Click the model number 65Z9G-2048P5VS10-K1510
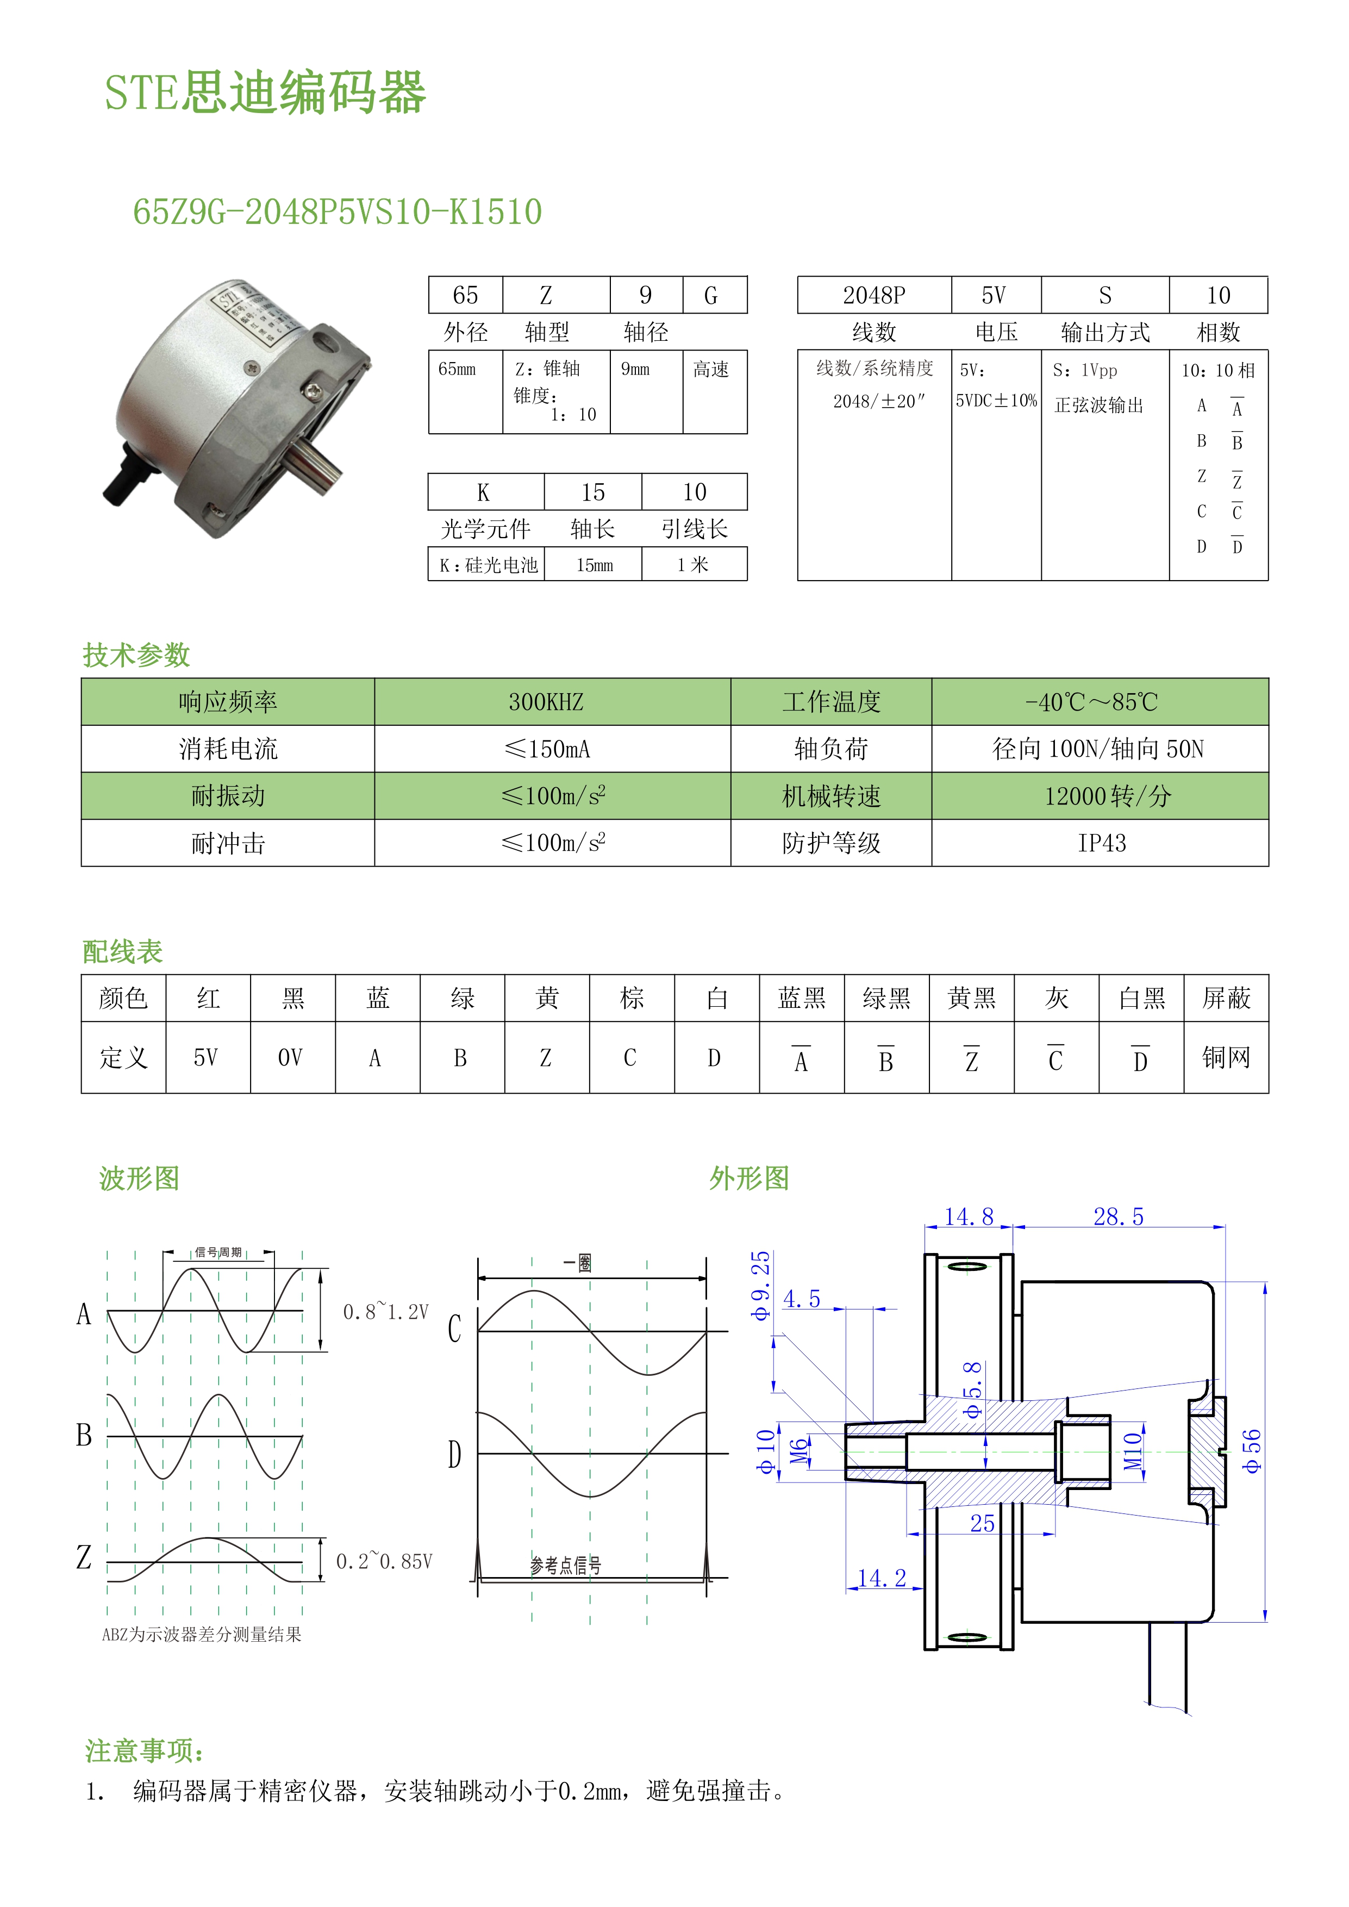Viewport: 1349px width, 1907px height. (337, 212)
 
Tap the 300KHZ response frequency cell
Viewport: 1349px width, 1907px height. (546, 702)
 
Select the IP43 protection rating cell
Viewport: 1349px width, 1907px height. (1102, 843)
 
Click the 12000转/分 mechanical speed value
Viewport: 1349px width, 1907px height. (1107, 796)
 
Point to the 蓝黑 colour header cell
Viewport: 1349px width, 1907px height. (802, 999)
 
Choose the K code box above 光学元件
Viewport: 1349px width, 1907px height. (484, 493)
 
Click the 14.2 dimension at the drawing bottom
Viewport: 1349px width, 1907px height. (882, 1578)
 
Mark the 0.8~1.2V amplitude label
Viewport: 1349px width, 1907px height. (386, 1312)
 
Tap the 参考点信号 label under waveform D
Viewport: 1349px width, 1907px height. (566, 1566)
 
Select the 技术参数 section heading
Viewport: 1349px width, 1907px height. (136, 655)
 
